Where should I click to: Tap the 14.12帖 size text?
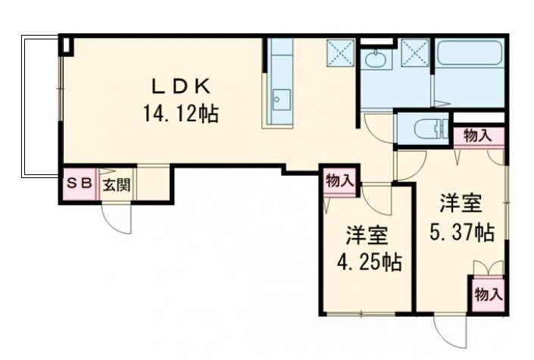[180, 114]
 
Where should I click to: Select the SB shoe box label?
[79, 183]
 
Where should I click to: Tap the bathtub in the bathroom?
[470, 56]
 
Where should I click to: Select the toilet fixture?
[424, 129]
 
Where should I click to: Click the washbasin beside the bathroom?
[374, 58]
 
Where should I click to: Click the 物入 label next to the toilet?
[478, 136]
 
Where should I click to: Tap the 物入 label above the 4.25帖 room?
[339, 180]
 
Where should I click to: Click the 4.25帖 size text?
[370, 263]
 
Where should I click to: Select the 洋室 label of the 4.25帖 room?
[368, 234]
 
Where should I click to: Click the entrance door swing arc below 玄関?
[117, 220]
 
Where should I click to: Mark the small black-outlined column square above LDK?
[67, 45]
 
